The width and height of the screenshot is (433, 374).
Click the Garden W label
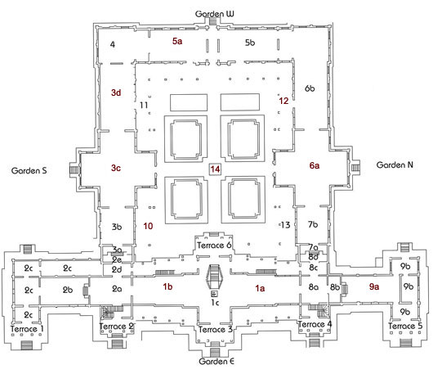coord(214,14)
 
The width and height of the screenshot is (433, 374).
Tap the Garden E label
coord(216,361)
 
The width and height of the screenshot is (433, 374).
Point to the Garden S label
coord(29,170)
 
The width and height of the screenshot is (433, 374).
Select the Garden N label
coord(395,164)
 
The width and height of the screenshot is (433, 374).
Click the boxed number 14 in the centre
coord(215,169)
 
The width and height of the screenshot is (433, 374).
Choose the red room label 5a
coord(177,41)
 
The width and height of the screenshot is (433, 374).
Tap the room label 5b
coord(250,43)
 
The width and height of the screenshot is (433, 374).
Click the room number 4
coord(113,44)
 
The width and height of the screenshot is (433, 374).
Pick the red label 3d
coord(116,92)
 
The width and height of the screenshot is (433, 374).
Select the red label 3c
coord(116,168)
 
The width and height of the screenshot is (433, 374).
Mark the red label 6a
coord(315,165)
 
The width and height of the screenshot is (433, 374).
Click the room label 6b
coord(310,88)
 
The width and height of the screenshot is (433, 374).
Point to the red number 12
coord(283,101)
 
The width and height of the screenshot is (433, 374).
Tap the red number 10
coord(148,226)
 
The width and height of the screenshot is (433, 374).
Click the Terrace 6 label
coord(214,245)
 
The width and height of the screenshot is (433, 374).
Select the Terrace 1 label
coord(27,329)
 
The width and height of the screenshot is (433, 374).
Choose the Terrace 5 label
coord(405,326)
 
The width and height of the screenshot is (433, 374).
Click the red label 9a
coord(374,286)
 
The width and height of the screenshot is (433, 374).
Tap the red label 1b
coord(167,286)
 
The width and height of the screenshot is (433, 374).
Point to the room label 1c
coord(215,302)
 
